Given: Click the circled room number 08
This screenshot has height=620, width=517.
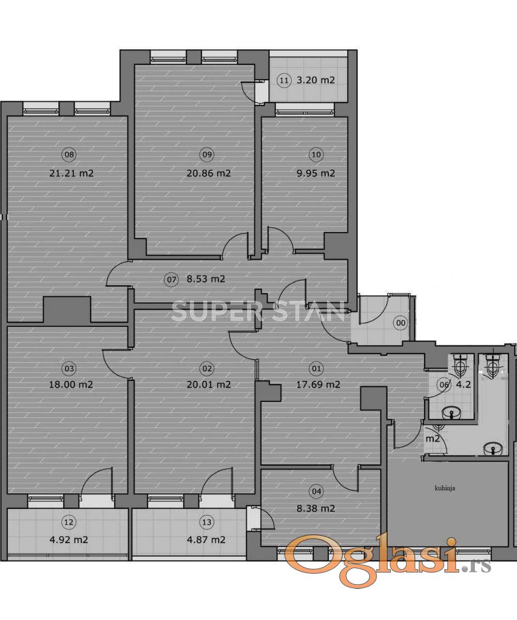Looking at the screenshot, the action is point(69,155).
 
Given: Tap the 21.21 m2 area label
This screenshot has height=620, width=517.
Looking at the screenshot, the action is point(71,173).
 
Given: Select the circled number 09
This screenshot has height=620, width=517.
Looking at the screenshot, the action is point(207,155).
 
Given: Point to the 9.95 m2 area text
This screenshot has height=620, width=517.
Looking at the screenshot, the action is point(315,173).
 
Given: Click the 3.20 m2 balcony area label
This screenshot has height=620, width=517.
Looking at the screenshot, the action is point(315,80).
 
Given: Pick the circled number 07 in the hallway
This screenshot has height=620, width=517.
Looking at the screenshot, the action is point(172,279).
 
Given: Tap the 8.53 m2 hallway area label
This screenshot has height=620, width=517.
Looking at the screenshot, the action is point(206,279).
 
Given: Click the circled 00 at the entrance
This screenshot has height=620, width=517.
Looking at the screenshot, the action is point(401,323).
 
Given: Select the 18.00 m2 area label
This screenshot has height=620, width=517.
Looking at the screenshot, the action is point(71,385).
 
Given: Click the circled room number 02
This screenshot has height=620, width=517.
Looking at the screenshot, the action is point(207,369).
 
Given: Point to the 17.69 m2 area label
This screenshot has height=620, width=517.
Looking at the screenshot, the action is point(318,385).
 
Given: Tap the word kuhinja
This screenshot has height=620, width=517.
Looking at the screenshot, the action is point(445,488).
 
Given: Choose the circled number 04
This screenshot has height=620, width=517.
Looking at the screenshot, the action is point(317,492).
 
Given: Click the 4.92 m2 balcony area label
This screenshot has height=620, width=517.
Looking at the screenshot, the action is point(69,540).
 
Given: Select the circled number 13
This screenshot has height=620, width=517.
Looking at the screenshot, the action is point(207,522).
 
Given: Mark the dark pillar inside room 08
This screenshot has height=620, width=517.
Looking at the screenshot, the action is point(67,309).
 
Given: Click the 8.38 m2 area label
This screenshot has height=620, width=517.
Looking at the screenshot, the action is point(315,509).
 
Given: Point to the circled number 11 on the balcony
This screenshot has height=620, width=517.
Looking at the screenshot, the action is point(284,81).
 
